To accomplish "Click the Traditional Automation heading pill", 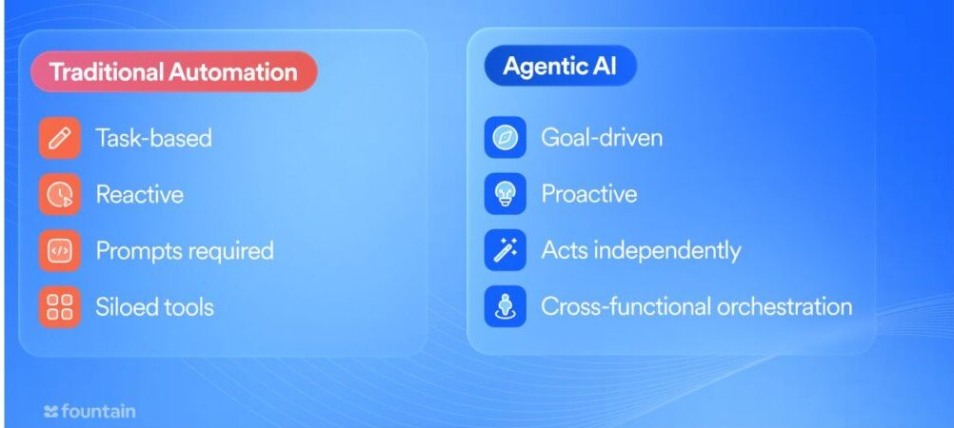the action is pos(174,71).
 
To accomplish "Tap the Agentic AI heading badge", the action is pos(560,66).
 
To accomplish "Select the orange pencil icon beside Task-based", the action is pos(60,138).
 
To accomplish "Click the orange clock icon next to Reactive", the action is pos(60,195).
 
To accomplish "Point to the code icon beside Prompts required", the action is pos(60,251).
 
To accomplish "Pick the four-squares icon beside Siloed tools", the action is pos(60,307).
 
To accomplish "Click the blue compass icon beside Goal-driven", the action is pos(505,137).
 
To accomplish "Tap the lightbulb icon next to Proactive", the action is pos(505,194).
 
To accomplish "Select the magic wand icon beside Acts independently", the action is pos(505,250).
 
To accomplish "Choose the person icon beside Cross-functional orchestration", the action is pos(505,306).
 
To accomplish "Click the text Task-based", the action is pos(154,138).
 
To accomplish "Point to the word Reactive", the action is pos(139,195).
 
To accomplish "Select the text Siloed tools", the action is pos(154,307).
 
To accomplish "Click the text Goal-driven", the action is pos(602,137).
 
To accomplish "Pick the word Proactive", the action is pos(589,194).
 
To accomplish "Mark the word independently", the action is pos(667,250).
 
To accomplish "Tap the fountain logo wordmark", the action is pos(90,412).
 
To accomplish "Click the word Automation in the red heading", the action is pos(233,71).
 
